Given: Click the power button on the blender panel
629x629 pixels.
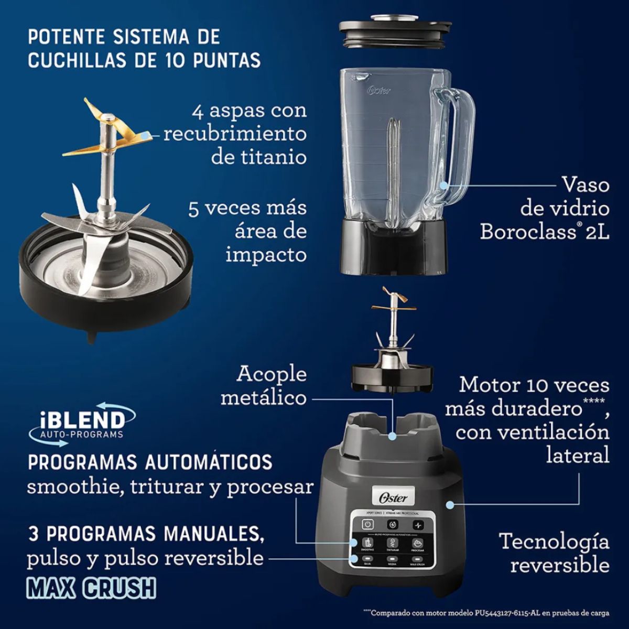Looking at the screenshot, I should pyautogui.click(x=368, y=525).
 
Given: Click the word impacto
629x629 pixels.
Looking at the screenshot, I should pyautogui.click(x=266, y=255).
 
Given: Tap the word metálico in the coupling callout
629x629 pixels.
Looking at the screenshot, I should pyautogui.click(x=263, y=398).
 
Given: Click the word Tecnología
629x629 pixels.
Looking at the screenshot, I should pyautogui.click(x=554, y=541).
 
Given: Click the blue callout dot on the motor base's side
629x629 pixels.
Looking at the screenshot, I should pyautogui.click(x=449, y=505).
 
